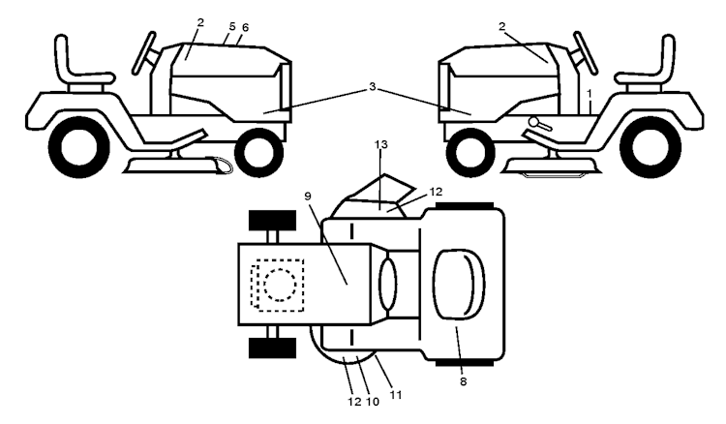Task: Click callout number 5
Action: point(232,26)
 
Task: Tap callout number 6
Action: point(246,28)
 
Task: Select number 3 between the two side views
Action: point(373,86)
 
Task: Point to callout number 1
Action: point(589,94)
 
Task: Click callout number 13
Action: point(380,144)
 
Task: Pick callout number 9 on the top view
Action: point(308,196)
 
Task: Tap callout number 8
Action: point(463,381)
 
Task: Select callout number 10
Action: point(373,402)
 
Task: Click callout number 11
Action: point(395,395)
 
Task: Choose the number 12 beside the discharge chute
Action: point(436,191)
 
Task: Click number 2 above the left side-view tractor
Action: point(200,22)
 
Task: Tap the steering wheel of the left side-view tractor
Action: point(143,53)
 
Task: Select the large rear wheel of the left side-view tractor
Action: point(78,147)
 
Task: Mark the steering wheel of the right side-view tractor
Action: point(585,53)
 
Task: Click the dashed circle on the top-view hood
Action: point(280,285)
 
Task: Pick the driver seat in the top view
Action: point(459,285)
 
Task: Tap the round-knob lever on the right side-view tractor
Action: point(540,124)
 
